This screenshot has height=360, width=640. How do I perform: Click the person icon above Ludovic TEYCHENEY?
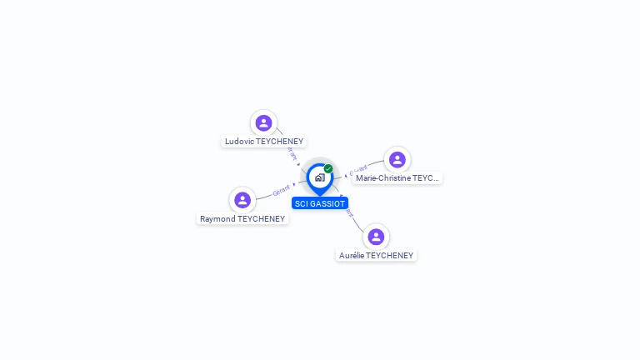263,123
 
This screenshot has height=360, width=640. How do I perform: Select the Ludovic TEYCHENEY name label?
264,142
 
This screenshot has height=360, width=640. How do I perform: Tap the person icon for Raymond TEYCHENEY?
242,200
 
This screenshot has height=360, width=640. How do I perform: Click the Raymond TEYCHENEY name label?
242,219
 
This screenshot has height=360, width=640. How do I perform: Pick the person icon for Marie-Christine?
397,159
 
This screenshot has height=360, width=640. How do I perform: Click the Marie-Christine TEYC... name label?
397,178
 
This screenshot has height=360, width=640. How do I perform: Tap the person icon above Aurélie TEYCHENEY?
376,237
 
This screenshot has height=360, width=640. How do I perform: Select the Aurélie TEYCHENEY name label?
376,256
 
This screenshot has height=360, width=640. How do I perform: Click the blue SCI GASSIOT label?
320,203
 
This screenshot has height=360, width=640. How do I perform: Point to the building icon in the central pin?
319,177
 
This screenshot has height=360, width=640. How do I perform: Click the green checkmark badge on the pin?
328,168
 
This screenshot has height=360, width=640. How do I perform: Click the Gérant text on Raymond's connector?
282,191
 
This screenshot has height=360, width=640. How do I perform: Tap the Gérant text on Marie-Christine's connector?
358,172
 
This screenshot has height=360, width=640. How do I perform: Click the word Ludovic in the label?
238,142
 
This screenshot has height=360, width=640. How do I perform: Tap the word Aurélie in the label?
352,256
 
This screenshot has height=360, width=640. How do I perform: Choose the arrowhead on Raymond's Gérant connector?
295,184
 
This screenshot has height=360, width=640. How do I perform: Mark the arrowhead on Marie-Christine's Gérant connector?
345,176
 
